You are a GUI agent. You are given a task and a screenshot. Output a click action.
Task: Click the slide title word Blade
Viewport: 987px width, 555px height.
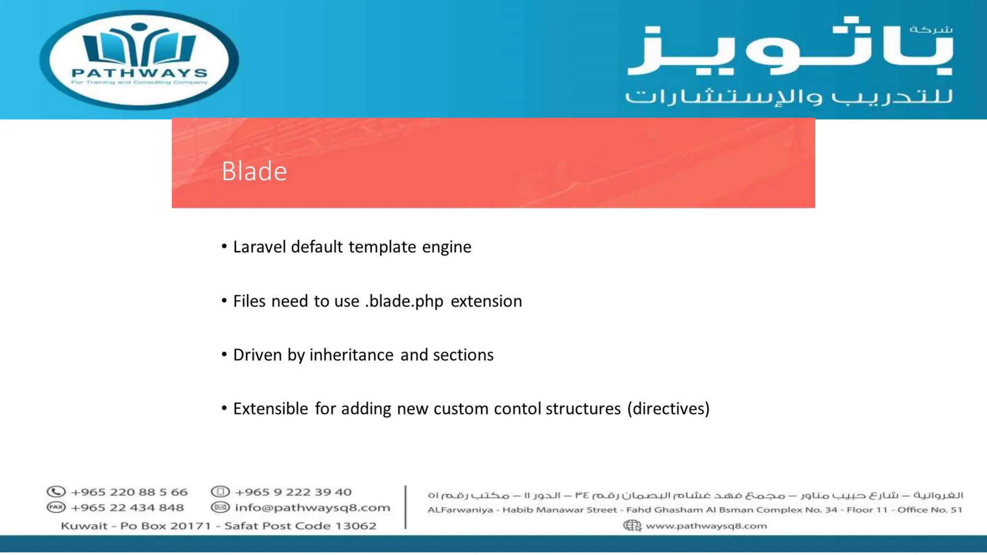pyautogui.click(x=254, y=172)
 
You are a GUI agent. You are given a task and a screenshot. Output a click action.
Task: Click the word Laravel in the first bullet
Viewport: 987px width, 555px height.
pyautogui.click(x=260, y=247)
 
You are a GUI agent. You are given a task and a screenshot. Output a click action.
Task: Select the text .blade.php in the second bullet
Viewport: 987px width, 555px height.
pyautogui.click(x=404, y=301)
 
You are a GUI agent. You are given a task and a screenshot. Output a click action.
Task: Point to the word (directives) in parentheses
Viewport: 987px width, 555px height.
pyautogui.click(x=668, y=409)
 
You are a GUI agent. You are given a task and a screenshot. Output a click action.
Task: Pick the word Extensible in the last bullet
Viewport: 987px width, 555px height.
pyautogui.click(x=270, y=409)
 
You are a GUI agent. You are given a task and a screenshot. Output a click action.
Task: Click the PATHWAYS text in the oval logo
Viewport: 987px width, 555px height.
pyautogui.click(x=139, y=73)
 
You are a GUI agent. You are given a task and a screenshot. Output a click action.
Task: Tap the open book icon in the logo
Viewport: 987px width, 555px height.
pyautogui.click(x=139, y=46)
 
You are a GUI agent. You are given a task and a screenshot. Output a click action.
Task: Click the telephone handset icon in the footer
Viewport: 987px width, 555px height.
pyautogui.click(x=56, y=492)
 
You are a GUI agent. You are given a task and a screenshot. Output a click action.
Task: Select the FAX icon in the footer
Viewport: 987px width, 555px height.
pyautogui.click(x=56, y=507)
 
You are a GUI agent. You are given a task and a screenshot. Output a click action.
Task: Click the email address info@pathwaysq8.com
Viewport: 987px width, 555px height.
pyautogui.click(x=312, y=507)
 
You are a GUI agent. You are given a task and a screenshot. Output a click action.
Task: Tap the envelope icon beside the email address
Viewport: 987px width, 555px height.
pyautogui.click(x=220, y=507)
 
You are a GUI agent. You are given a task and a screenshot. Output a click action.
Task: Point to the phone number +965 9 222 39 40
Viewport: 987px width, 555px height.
pyautogui.click(x=293, y=492)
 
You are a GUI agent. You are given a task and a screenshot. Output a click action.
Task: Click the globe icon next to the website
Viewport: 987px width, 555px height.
pyautogui.click(x=632, y=526)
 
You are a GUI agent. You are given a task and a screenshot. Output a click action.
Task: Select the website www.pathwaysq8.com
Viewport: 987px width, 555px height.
pyautogui.click(x=706, y=526)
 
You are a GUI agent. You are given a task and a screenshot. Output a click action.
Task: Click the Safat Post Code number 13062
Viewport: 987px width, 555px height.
pyautogui.click(x=355, y=526)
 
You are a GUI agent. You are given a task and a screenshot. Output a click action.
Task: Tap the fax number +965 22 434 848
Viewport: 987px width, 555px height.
pyautogui.click(x=127, y=507)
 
